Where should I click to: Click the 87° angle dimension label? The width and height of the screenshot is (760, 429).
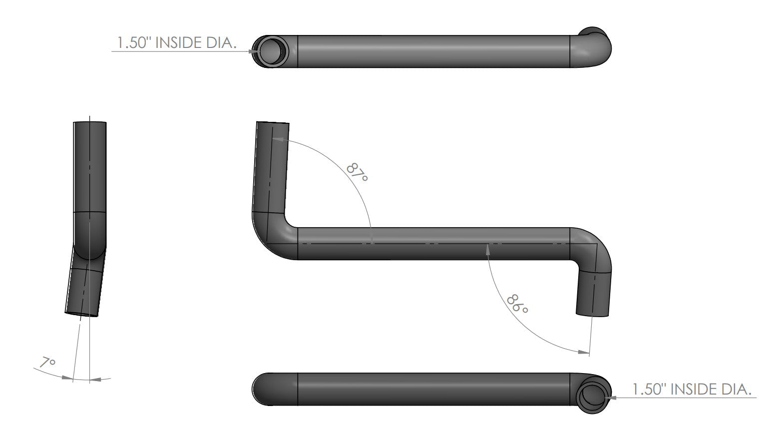click(x=357, y=172)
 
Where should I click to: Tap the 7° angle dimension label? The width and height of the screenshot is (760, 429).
click(x=48, y=363)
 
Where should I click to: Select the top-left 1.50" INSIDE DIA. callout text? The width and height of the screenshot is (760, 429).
click(x=176, y=43)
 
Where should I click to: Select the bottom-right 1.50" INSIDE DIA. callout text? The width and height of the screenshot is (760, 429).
click(x=692, y=390)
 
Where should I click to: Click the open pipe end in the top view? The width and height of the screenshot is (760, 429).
click(x=270, y=51)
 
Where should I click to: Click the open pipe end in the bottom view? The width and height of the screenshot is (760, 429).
click(x=593, y=390)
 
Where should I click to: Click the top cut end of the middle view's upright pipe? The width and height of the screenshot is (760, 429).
click(x=273, y=123)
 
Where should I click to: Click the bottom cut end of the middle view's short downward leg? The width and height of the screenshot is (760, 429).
click(x=593, y=314)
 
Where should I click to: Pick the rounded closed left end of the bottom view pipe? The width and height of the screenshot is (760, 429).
click(x=262, y=389)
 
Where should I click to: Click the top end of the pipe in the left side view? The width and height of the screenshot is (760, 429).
click(x=90, y=122)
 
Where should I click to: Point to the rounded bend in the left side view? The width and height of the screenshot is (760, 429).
click(x=89, y=240)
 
